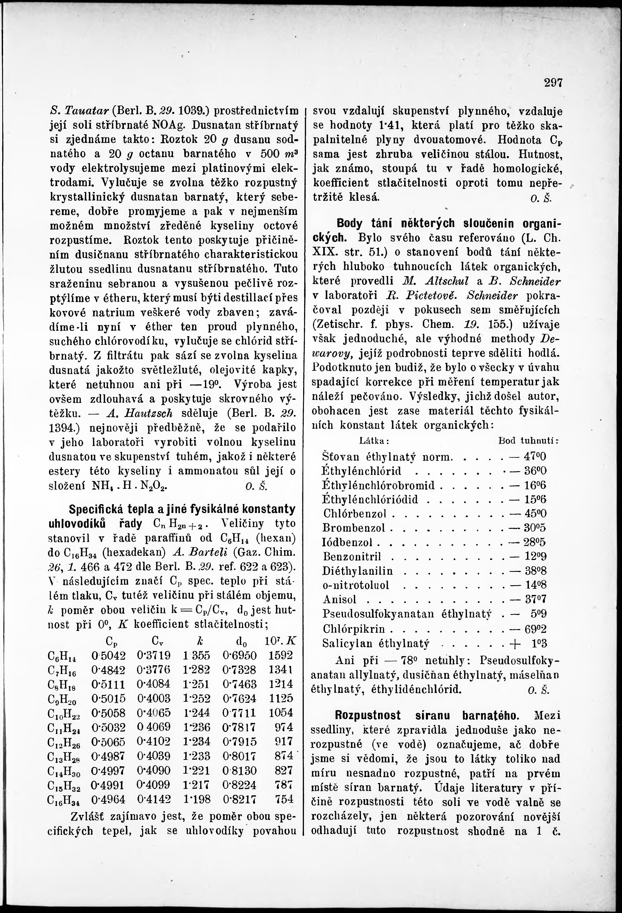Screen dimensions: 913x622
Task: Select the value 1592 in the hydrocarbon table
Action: coord(281,655)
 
